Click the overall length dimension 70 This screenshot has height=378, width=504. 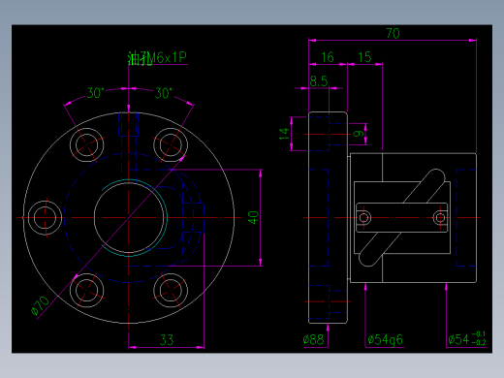point(393,33)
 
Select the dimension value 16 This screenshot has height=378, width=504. point(328,57)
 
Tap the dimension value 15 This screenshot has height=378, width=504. point(363,57)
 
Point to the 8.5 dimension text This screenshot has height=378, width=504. point(318,81)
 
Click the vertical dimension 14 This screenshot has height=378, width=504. point(284,133)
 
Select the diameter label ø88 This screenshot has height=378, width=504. point(313,339)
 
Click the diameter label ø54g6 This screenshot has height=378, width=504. point(386,339)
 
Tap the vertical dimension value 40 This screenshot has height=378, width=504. point(253,217)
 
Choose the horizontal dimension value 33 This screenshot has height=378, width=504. point(166,339)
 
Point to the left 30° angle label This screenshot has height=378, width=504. point(95,94)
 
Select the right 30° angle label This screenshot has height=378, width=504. point(163,94)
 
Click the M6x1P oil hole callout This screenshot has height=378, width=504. point(156,58)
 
